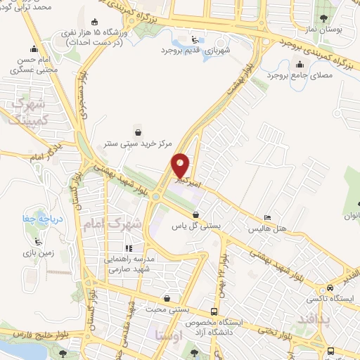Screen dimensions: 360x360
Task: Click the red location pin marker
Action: pyautogui.click(x=181, y=166)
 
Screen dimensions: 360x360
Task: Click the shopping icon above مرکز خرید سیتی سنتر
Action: pyautogui.click(x=138, y=130)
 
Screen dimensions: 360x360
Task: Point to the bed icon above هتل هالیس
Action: pyautogui.click(x=267, y=218)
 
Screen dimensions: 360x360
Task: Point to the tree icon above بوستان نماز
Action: pyautogui.click(x=323, y=18)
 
